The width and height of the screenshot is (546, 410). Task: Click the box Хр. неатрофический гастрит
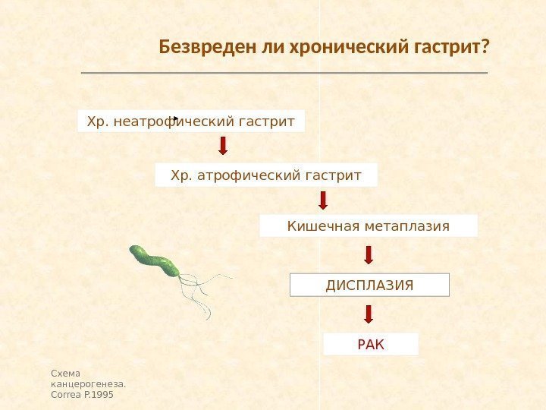coord(191,120)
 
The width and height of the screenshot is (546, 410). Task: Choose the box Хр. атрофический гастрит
coord(266,175)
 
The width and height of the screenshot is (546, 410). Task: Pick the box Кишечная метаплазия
coord(369,226)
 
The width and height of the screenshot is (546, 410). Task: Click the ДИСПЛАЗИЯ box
coord(370,285)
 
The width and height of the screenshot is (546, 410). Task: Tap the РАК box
coord(371,345)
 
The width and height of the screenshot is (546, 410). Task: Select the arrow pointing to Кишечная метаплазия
coord(323,200)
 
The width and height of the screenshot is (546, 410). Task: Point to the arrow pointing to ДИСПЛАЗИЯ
coord(369,254)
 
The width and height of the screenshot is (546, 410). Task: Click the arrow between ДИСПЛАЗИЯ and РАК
coord(369,314)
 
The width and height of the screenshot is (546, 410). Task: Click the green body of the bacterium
coord(155,260)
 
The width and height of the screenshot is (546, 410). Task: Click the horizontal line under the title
coord(284,73)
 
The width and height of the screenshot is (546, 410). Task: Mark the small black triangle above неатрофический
coord(174,118)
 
